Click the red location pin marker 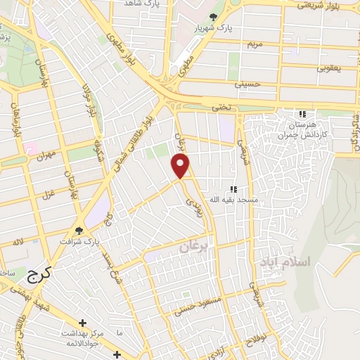pyautogui.click(x=181, y=165)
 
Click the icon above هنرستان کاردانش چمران pyautogui.click(x=302, y=114)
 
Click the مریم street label pyautogui.click(x=255, y=44)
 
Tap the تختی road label pyautogui.click(x=221, y=107)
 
